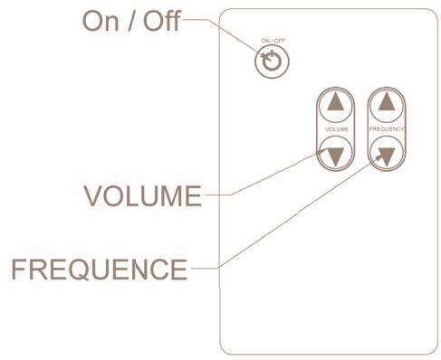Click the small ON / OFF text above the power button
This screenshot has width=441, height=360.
click(x=271, y=41)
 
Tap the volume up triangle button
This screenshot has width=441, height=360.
click(x=336, y=101)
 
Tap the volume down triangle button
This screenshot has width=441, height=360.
click(x=336, y=156)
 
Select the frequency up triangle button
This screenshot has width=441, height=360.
click(x=387, y=101)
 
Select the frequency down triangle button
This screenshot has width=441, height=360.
click(x=387, y=156)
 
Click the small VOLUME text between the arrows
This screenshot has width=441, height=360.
click(x=336, y=129)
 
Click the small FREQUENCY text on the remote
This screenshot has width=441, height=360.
click(x=387, y=129)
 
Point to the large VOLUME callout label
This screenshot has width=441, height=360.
click(x=142, y=196)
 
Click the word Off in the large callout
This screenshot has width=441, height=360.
click(x=162, y=22)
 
